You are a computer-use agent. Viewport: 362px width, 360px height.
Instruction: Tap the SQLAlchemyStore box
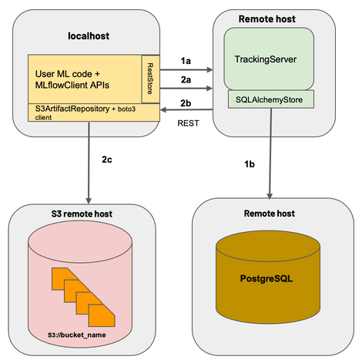269,99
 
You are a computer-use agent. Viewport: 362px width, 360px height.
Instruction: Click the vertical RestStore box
149,79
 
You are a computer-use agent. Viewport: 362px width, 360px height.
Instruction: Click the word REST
190,122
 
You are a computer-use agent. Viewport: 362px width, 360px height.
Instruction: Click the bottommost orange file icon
102,314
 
